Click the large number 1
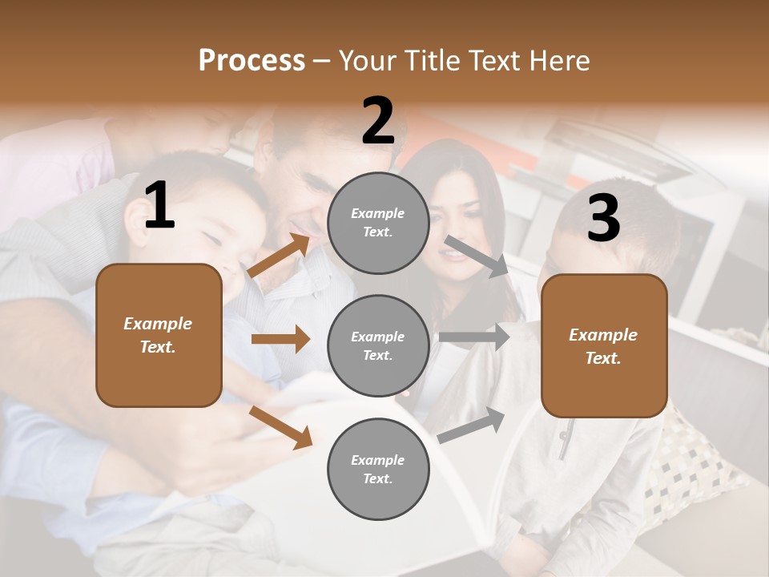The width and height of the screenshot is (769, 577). [x=159, y=206]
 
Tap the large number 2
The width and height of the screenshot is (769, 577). [x=378, y=121]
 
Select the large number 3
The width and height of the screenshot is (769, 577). [x=603, y=218]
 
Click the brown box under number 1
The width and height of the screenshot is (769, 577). [x=159, y=335]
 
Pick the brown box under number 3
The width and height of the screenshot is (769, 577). [x=604, y=345]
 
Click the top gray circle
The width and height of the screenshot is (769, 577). [x=378, y=223]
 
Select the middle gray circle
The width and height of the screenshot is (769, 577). [x=378, y=345]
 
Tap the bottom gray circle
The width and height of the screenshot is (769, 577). [x=378, y=469]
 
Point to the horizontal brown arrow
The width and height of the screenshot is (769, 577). [x=280, y=339]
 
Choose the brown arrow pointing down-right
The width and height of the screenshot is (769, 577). [x=281, y=426]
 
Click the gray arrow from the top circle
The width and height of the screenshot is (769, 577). [x=477, y=256]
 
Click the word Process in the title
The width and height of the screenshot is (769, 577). [x=252, y=60]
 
